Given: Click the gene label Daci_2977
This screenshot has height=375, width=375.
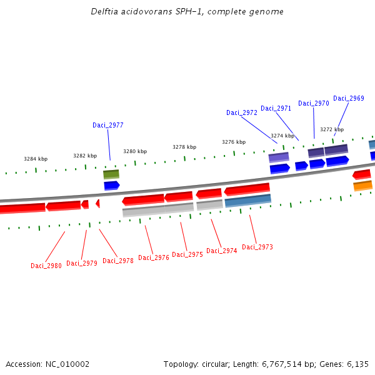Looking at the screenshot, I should coord(108,125).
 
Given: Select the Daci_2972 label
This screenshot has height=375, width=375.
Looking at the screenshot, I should coord(242,112).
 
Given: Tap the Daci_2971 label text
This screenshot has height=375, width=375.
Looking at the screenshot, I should coord(276,108).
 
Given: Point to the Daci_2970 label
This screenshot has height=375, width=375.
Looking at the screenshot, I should coord(314,103).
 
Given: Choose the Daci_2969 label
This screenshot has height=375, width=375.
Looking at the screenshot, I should coord(349,98).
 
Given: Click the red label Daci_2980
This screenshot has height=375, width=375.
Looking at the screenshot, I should coord(46,266).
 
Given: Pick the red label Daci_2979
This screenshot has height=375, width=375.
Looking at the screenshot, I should coord(82,263).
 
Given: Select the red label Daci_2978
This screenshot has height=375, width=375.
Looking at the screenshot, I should coord(118,261).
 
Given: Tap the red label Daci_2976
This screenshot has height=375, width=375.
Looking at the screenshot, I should coord(154,257).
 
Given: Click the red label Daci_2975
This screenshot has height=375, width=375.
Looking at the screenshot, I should coord(187,254).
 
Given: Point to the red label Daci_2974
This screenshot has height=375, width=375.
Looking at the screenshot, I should coord(222,251).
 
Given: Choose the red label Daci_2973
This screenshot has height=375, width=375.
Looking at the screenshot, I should coord(257,247).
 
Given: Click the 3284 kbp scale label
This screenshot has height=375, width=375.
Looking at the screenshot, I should coord(36,159).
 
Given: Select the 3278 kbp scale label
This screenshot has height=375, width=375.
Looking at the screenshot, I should coord(184,147).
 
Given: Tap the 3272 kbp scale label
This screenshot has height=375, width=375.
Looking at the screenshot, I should coord(332,129).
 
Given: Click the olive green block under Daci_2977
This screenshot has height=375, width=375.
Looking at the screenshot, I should coord(111,174).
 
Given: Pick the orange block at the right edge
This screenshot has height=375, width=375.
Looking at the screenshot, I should coord(362,186).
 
